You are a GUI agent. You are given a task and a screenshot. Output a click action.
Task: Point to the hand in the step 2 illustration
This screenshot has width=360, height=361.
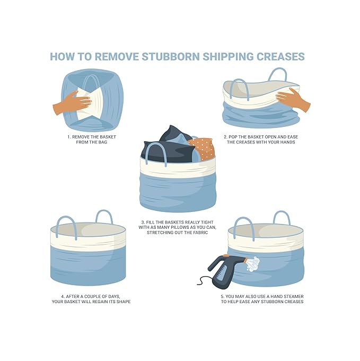point(293,99)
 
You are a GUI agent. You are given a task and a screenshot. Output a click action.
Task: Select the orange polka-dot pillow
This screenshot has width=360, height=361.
point(202,148)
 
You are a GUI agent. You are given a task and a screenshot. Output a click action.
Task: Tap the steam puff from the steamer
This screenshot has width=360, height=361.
point(253,262)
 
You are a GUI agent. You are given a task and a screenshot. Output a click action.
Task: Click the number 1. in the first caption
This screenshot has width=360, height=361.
point(69,137)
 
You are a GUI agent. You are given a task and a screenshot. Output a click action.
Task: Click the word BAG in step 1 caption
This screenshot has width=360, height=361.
point(104,142)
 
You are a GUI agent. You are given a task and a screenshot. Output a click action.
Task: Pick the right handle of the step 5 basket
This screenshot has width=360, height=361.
point(281,218)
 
